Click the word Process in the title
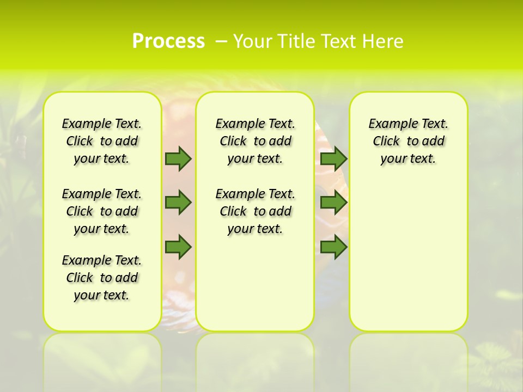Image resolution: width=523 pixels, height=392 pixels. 168,41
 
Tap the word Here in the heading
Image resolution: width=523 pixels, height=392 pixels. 382,41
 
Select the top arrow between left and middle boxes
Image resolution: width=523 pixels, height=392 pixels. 178,158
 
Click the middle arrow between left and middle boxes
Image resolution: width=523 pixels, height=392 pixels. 178,203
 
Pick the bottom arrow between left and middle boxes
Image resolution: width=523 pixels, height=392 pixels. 178,247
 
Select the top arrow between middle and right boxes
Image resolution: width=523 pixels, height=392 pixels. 333,158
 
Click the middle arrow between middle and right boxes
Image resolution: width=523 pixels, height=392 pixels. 333,203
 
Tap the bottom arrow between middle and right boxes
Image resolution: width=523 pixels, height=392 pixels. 333,247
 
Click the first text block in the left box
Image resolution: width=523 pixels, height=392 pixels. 102,141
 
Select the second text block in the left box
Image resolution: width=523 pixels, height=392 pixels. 102,211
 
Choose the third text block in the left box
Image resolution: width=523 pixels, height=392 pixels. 102,278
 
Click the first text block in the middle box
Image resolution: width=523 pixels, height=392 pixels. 255,141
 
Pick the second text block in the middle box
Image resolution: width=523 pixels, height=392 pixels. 255,211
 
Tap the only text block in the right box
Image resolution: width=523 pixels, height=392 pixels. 409,141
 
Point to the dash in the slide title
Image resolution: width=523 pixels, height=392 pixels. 221,41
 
